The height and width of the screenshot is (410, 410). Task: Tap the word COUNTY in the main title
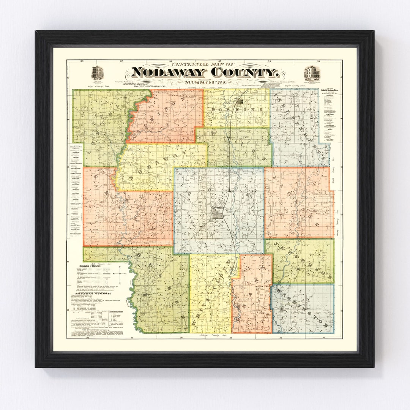click(x=243, y=72)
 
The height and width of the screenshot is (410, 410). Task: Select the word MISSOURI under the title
click(x=205, y=82)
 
